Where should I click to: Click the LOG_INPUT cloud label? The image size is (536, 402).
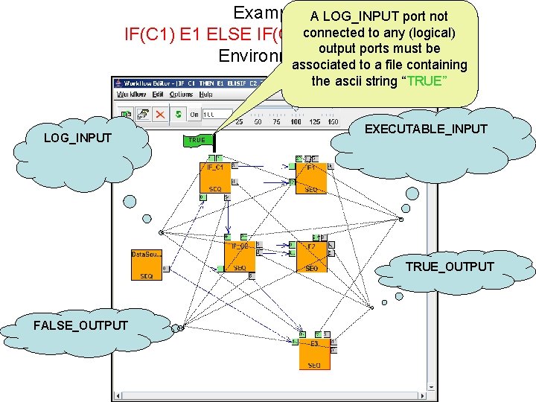tap(77, 138)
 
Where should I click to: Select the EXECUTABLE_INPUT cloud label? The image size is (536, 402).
tap(425, 129)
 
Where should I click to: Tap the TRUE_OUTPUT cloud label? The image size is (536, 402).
tap(449, 267)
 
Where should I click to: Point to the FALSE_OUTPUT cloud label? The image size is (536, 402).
tap(80, 325)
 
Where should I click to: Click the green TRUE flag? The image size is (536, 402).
tap(197, 139)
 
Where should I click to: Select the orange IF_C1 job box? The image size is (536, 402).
tap(214, 177)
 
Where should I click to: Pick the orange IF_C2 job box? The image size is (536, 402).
tap(239, 256)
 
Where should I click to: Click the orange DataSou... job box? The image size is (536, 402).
tap(146, 264)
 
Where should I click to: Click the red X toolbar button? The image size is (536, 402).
tap(160, 114)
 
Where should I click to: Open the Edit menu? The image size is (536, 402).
tap(158, 95)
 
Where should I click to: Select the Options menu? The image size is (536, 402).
tap(182, 95)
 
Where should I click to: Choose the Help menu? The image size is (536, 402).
tap(206, 95)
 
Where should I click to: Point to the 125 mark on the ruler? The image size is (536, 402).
tap(314, 121)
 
